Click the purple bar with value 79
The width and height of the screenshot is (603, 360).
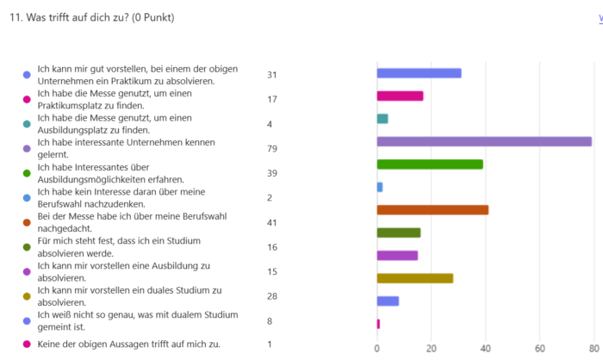tap(484, 141)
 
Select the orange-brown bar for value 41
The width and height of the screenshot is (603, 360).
tap(432, 209)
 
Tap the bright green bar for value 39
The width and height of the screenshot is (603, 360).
tap(430, 164)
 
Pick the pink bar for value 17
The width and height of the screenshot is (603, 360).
tap(400, 96)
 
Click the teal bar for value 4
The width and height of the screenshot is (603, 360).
tap(382, 118)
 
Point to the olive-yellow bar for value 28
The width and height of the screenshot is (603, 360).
tap(415, 278)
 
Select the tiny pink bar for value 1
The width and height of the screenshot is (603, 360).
tap(378, 323)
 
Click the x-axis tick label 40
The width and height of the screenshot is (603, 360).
tap(486, 348)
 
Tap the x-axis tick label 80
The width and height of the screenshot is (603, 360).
tap(594, 348)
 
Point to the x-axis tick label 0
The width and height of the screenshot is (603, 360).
tap(377, 348)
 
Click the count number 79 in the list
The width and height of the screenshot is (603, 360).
tap(272, 147)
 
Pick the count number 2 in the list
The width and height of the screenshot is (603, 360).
tap(270, 197)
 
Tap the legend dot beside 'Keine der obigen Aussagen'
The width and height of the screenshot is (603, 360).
tap(27, 344)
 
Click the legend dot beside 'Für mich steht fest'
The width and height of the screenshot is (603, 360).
tap(27, 246)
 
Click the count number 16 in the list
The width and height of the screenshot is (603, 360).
tap(272, 246)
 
